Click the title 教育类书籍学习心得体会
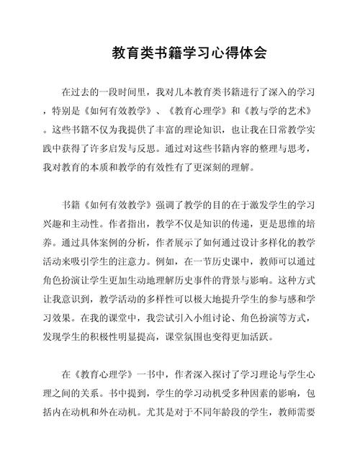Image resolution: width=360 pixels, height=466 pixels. click(180, 53)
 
